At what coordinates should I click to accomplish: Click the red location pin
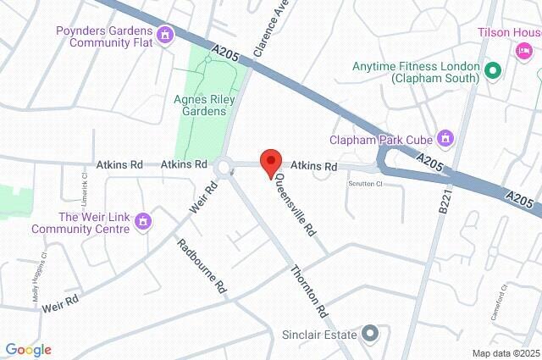(270, 162)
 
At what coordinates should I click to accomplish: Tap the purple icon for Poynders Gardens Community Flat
(165, 35)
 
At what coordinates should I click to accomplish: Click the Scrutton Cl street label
(366, 183)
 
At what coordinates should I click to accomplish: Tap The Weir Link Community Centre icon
(143, 221)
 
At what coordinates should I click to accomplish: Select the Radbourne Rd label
(202, 267)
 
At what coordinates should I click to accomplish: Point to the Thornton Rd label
(308, 291)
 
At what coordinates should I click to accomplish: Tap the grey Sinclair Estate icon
(369, 334)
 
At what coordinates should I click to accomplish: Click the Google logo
(28, 350)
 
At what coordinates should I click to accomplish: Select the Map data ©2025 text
(505, 353)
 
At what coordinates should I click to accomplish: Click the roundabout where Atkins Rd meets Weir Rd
(226, 167)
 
